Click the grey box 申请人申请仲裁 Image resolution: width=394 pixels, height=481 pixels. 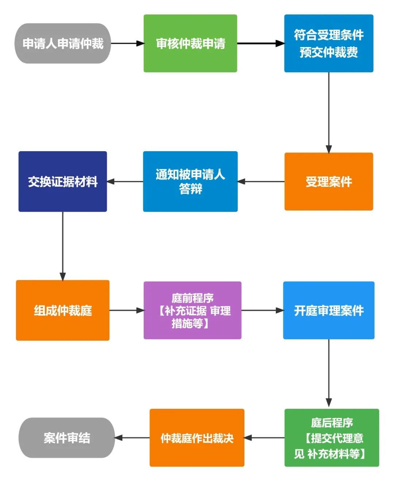pyautogui.click(x=62, y=43)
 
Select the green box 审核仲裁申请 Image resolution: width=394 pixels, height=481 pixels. pyautogui.click(x=190, y=43)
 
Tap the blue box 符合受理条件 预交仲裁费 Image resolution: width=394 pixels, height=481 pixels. pyautogui.click(x=329, y=43)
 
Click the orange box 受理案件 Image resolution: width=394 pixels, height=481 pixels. pyautogui.click(x=329, y=181)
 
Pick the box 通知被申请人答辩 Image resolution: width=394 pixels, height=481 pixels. pyautogui.click(x=190, y=181)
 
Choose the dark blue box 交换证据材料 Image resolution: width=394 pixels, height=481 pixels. pyautogui.click(x=63, y=181)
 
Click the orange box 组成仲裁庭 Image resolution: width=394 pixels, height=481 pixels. pyautogui.click(x=63, y=310)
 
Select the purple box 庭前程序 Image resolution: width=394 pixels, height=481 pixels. pyautogui.click(x=192, y=310)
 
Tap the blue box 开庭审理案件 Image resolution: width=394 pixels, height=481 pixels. pyautogui.click(x=329, y=310)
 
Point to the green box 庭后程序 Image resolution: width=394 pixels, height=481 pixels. pyautogui.click(x=332, y=438)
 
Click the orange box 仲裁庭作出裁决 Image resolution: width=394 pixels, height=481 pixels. pyautogui.click(x=197, y=438)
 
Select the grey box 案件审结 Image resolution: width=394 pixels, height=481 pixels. pyautogui.click(x=67, y=438)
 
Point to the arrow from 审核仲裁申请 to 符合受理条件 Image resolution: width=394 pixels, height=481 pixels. pyautogui.click(x=260, y=43)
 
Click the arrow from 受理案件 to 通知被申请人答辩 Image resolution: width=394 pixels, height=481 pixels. pyautogui.click(x=261, y=181)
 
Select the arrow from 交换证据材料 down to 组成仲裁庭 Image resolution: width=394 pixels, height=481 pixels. pyautogui.click(x=63, y=246)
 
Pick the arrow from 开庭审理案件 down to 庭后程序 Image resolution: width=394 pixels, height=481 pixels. pyautogui.click(x=329, y=374)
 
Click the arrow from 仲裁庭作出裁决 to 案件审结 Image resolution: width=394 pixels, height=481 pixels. pyautogui.click(x=132, y=438)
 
